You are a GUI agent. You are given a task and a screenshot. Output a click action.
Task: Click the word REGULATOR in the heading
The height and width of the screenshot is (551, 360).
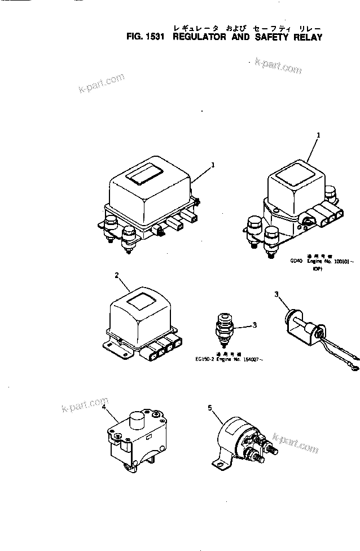point(198,38)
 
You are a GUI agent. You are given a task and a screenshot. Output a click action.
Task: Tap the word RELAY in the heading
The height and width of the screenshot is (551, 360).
point(308,38)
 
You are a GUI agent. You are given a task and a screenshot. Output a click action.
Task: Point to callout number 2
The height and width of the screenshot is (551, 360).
point(116,276)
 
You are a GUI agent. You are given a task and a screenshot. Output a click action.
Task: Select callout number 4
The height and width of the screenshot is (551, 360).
point(104,413)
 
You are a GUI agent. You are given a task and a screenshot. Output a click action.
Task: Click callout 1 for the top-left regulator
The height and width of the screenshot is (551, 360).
point(213,165)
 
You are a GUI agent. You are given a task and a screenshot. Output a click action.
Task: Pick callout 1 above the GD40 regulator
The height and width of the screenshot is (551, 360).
point(318,135)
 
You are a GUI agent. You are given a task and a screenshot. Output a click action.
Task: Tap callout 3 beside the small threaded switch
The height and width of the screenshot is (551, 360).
point(255,325)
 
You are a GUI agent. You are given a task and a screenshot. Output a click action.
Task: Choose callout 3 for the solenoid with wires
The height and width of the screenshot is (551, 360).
point(276,294)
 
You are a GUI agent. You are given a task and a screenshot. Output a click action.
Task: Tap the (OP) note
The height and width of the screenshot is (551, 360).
point(317,270)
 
